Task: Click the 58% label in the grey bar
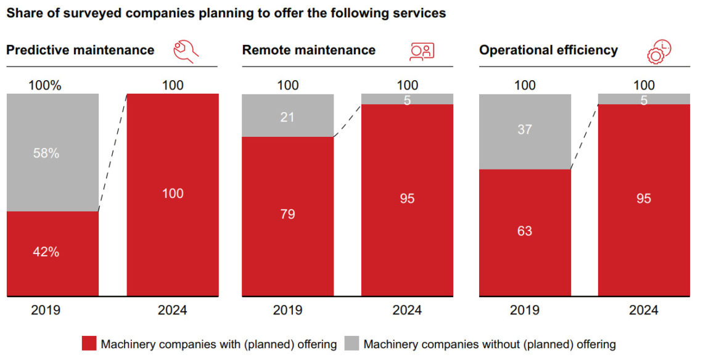(x=46, y=153)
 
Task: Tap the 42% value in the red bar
(x=46, y=252)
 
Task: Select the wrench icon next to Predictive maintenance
(x=186, y=51)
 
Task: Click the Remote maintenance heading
(x=308, y=50)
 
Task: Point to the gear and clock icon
(x=659, y=51)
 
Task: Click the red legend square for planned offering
(x=89, y=344)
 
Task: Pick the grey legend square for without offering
(x=351, y=344)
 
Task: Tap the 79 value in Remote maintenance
(x=287, y=215)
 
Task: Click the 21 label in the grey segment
(x=287, y=116)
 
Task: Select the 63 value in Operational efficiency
(x=524, y=231)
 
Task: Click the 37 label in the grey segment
(x=524, y=129)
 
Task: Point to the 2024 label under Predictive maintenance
(x=173, y=310)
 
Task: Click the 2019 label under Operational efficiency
(x=524, y=310)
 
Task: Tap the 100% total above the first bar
(x=46, y=86)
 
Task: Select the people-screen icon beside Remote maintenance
(x=422, y=51)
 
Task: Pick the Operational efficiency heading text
(x=548, y=50)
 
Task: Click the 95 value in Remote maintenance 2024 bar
(x=407, y=198)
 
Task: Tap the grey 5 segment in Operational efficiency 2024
(x=644, y=99)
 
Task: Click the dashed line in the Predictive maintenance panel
(x=113, y=152)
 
